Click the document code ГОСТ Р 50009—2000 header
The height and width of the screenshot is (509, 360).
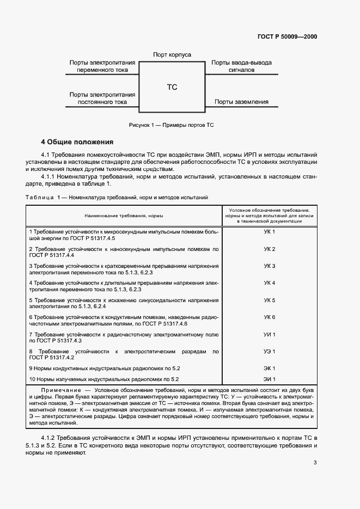[x=286, y=37]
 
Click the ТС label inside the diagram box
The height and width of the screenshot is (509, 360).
[x=172, y=87]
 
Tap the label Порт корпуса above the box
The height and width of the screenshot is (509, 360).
[x=172, y=55]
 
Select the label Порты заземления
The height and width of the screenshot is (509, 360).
[x=241, y=101]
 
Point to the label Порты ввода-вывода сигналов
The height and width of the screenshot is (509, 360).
[x=241, y=66]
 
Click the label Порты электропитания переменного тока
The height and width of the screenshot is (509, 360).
[x=102, y=66]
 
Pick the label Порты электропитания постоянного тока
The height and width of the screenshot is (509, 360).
[x=102, y=98]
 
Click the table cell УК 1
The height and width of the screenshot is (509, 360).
[x=270, y=232]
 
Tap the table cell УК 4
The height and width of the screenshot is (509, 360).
[x=270, y=283]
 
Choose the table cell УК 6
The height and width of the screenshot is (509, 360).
[x=270, y=317]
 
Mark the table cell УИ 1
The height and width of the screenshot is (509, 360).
[x=270, y=334]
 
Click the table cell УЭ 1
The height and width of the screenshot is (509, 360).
[x=270, y=351]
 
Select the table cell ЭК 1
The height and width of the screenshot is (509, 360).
[x=270, y=369]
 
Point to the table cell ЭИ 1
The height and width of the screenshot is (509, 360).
[x=270, y=379]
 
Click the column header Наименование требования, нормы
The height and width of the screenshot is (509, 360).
[x=124, y=216]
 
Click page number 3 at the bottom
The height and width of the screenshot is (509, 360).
[x=315, y=463]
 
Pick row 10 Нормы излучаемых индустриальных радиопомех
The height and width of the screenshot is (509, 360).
[x=104, y=379]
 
